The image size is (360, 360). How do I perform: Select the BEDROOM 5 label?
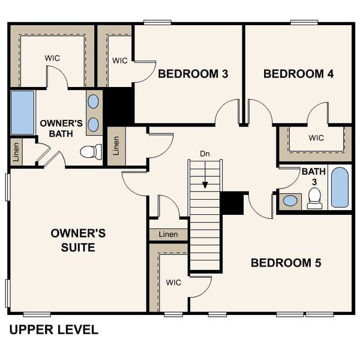point(286,263)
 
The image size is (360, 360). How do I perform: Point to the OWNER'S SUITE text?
point(78,239)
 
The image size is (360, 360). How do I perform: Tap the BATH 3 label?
point(313,176)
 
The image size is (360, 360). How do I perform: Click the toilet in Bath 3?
point(314,199)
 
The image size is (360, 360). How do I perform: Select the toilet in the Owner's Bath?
point(91,152)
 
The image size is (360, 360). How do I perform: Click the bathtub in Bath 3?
point(340,188)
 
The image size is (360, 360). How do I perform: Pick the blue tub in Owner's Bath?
point(23,112)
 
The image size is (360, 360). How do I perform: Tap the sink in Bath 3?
point(290,201)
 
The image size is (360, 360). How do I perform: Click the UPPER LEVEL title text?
point(53,329)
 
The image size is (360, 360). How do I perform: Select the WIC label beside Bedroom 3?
point(120,61)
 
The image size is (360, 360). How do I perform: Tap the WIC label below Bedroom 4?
point(316,138)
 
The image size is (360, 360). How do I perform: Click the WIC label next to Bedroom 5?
point(174,282)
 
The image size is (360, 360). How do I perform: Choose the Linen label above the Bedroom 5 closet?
point(168,234)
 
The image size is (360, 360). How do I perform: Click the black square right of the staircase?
point(232,203)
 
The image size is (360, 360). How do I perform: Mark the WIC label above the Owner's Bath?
point(52,58)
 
